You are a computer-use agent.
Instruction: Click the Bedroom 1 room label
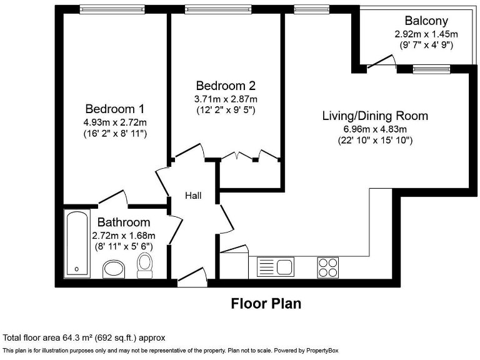click(x=115, y=109)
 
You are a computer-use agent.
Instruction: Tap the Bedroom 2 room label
click(x=226, y=86)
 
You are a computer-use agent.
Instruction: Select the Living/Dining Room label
click(x=375, y=116)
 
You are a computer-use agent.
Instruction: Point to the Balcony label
click(x=426, y=21)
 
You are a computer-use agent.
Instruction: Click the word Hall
click(x=193, y=196)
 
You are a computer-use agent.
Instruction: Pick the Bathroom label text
click(x=124, y=222)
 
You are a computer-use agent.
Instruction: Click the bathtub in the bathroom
click(x=77, y=244)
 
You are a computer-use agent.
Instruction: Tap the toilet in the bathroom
click(x=145, y=266)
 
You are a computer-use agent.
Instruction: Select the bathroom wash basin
click(x=114, y=269)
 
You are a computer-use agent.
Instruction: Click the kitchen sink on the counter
click(x=276, y=267)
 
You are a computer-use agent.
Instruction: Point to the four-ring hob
click(x=328, y=267)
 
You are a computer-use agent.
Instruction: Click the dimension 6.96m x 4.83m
click(x=375, y=129)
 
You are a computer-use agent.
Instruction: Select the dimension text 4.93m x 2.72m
click(x=115, y=122)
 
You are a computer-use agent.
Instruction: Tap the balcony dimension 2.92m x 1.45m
click(x=426, y=34)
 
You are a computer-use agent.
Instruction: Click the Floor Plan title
click(x=266, y=304)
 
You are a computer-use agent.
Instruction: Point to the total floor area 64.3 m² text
click(x=84, y=338)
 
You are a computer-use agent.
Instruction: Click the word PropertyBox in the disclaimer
click(x=322, y=351)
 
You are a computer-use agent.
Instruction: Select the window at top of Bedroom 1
click(x=112, y=9)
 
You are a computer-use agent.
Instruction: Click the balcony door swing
click(x=382, y=61)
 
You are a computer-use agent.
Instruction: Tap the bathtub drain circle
click(x=76, y=269)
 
